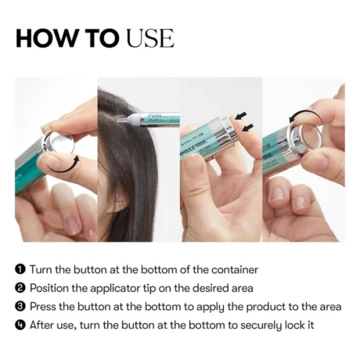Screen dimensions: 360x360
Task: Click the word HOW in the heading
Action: pyautogui.click(x=44, y=38)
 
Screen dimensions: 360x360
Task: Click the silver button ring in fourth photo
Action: pyautogui.click(x=300, y=138)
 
